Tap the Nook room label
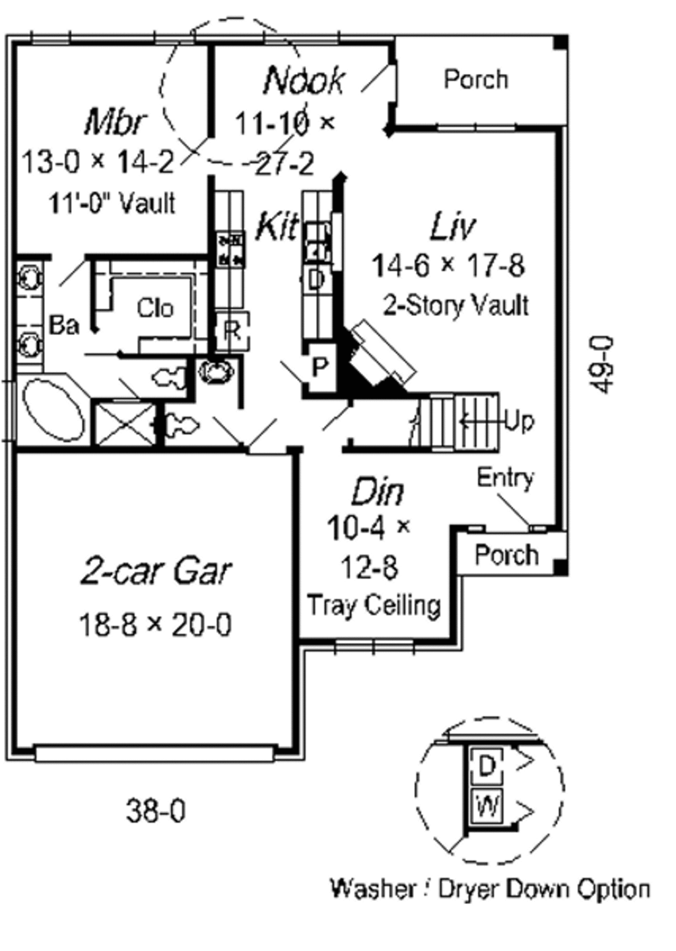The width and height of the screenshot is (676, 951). pos(304,80)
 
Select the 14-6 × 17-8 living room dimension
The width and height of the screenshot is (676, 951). pos(448,265)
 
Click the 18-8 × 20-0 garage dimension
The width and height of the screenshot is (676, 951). pos(155,624)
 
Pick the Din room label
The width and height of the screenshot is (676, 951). pos(378,492)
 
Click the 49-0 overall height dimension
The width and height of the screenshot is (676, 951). pos(602,365)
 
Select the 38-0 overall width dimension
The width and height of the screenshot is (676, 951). pos(156,810)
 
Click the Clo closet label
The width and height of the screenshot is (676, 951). pos(155,308)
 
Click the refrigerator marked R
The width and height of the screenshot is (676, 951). pos(232,330)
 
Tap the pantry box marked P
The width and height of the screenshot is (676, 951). pos(320,367)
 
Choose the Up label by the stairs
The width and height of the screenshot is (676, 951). pos(519,420)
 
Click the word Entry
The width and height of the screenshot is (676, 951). pos(505,477)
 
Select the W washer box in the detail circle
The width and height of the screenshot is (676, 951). pos(487,806)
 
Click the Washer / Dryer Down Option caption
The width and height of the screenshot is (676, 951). pos(490,888)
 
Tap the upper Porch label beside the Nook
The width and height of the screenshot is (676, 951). pos(476,79)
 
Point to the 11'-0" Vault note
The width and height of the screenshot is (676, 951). pos(112,203)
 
